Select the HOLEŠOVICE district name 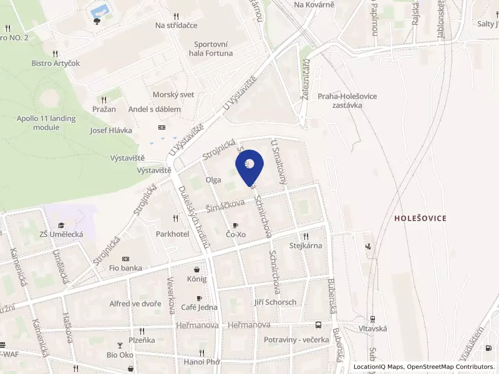pos(420,218)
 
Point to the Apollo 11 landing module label pos(46,123)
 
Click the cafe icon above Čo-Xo pos(235,225)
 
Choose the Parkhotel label pos(173,234)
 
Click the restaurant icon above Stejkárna pos(306,236)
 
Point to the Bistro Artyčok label pos(56,63)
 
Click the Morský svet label pos(173,95)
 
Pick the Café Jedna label pos(199,307)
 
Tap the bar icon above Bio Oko pos(120,345)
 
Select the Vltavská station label pos(373,328)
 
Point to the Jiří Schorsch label pos(275,302)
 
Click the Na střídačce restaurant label pos(177,26)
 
